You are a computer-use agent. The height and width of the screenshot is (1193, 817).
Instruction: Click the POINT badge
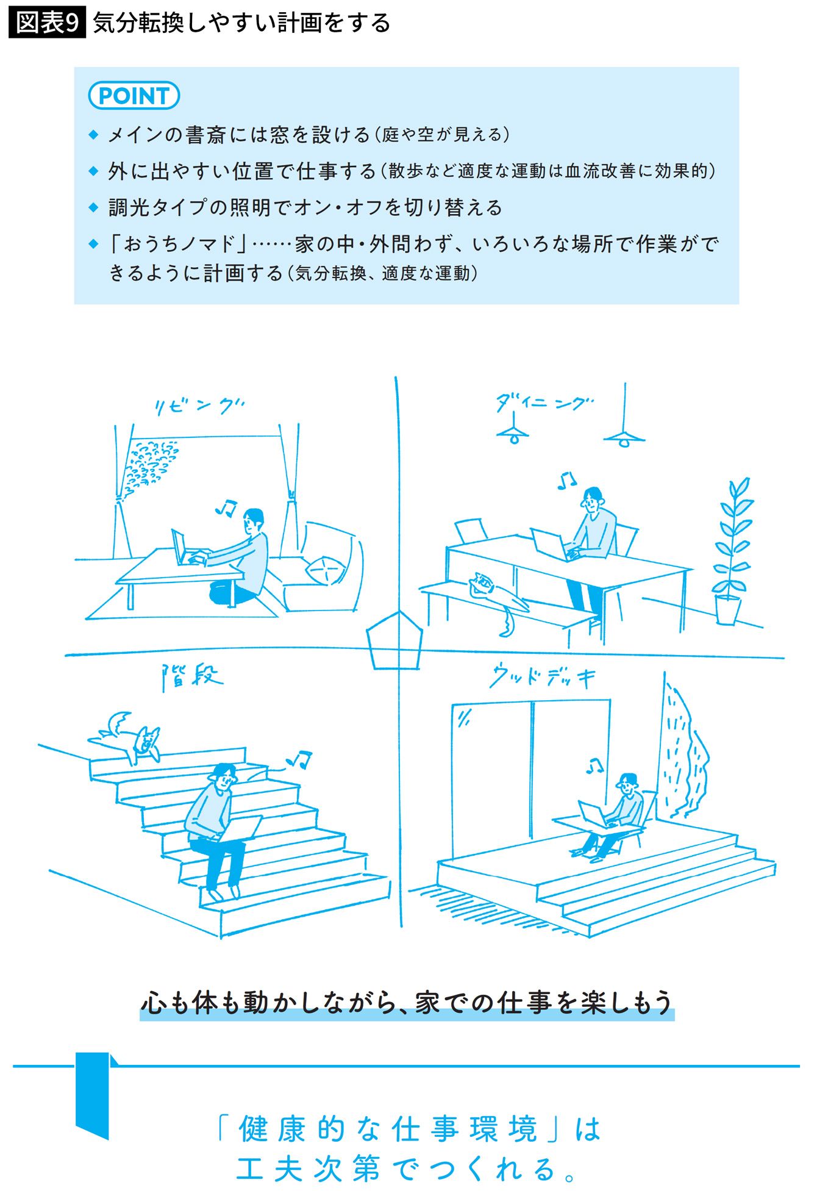pos(134,96)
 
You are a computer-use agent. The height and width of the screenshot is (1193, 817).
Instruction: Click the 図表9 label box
pos(47,23)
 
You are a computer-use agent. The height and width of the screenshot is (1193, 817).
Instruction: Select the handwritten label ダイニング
pos(543,403)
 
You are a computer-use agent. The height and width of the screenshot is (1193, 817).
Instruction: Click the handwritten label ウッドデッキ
pos(542,677)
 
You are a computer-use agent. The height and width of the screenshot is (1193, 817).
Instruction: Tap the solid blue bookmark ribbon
pos(93,1095)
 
